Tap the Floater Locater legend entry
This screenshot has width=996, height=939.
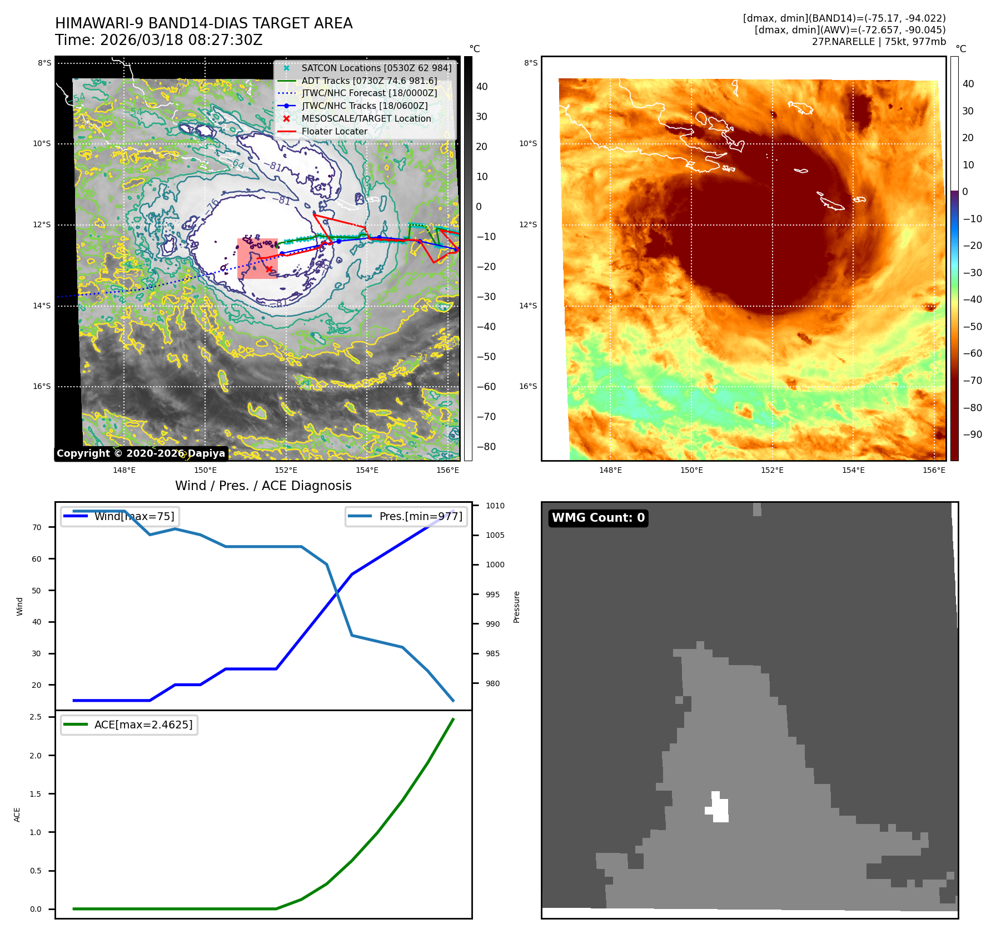tap(334, 131)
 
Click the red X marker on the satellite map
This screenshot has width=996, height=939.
tap(269, 269)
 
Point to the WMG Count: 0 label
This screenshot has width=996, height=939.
tap(598, 518)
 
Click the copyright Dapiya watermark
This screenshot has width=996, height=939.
tap(141, 453)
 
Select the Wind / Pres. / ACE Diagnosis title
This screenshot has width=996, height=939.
tap(263, 486)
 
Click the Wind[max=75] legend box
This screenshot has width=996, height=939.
tap(120, 516)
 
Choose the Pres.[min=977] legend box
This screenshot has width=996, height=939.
tap(406, 516)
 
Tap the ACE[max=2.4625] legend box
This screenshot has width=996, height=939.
tap(129, 725)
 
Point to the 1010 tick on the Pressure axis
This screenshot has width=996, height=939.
tap(495, 506)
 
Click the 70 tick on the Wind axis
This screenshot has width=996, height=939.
tap(37, 527)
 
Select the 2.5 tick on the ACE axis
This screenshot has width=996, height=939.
tap(36, 717)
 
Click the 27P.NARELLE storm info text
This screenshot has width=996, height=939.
tap(878, 42)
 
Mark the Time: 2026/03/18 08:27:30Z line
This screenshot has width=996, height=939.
tap(158, 40)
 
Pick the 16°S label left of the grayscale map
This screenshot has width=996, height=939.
tap(42, 386)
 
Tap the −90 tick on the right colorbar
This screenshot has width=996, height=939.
tap(972, 434)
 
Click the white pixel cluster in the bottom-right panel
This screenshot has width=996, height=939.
tap(719, 808)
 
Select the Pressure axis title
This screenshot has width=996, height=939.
tap(516, 607)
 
